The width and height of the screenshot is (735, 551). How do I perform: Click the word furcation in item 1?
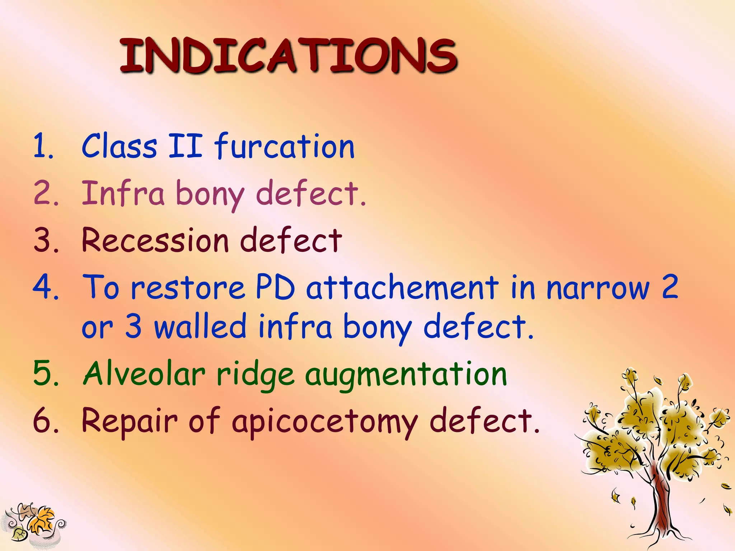click(284, 146)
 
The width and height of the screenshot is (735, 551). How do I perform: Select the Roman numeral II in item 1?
click(185, 146)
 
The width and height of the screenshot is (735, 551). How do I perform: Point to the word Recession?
click(155, 240)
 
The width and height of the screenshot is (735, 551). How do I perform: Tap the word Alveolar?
click(144, 374)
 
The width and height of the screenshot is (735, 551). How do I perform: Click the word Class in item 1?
click(119, 146)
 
